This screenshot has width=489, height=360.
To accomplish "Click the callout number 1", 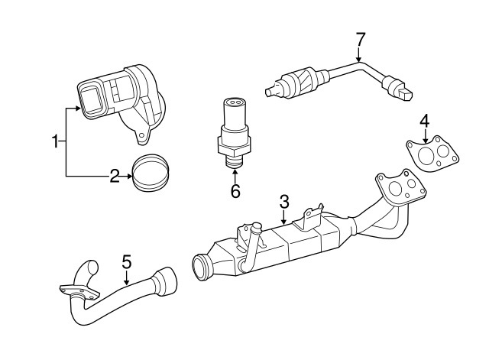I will click(x=55, y=141).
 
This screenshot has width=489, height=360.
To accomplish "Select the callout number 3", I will click(x=283, y=202).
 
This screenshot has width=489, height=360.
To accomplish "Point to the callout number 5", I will click(x=127, y=262).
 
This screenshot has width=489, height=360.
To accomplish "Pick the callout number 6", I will click(x=235, y=191).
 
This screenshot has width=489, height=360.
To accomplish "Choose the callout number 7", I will click(x=361, y=39).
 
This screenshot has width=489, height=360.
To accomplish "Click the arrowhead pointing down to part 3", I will click(x=283, y=221).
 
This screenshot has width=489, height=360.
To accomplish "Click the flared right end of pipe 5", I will click(x=166, y=281).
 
